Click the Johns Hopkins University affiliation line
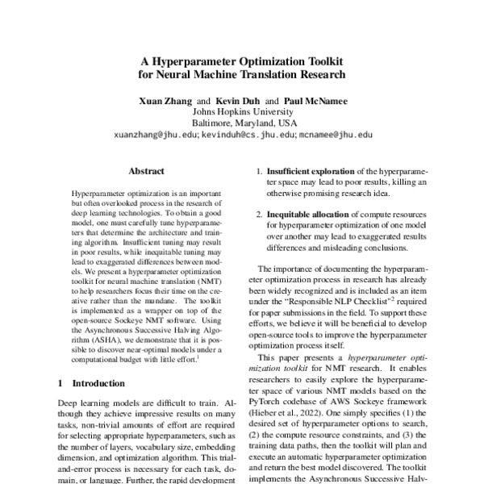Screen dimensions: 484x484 [242, 111]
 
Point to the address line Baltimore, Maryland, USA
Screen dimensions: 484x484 [242, 123]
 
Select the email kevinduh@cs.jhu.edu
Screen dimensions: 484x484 [248, 136]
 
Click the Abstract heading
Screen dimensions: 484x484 [146, 172]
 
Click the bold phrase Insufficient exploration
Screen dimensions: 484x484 [311, 172]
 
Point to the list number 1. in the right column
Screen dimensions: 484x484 [258, 172]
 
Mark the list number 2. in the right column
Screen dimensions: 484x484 [258, 215]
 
